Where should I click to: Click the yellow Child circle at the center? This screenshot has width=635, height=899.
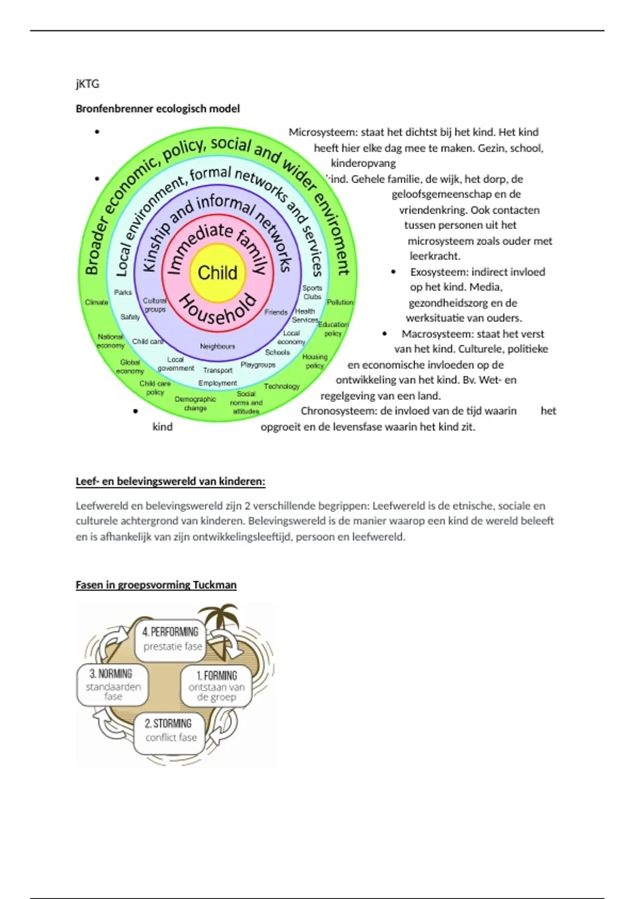(x=217, y=273)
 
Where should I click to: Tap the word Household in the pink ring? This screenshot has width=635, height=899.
(x=218, y=309)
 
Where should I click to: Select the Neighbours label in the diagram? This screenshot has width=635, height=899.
(x=217, y=346)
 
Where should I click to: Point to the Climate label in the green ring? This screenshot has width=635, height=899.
(x=96, y=302)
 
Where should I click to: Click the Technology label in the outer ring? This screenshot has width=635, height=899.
(x=282, y=387)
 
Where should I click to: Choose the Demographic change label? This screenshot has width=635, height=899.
(x=195, y=403)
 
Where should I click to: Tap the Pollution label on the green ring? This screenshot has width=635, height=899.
(x=340, y=302)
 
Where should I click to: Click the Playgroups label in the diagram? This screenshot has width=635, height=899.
(x=258, y=365)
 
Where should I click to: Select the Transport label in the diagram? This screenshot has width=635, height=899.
(x=217, y=370)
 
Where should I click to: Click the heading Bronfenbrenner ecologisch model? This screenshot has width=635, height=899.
(x=158, y=109)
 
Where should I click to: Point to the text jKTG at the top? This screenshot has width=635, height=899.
(x=87, y=84)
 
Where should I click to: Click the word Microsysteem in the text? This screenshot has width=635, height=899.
(x=322, y=132)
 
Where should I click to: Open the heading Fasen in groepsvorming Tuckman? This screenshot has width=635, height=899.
(x=156, y=585)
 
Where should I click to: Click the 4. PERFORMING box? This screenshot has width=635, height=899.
(x=170, y=639)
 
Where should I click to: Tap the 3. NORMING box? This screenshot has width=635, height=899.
(x=112, y=684)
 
